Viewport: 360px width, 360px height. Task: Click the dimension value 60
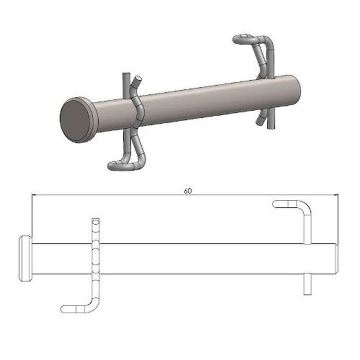[187, 191]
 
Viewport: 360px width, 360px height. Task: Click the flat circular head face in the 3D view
[76, 120]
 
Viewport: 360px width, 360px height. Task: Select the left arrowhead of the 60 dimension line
[34, 195]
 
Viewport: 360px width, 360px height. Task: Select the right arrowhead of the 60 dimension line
[336, 195]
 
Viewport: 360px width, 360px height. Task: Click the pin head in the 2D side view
[25, 258]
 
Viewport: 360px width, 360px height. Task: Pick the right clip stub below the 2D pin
[307, 284]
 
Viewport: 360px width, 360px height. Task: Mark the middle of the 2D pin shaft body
[192, 259]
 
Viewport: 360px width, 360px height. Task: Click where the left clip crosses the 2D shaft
[96, 259]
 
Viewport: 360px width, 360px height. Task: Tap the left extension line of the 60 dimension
[32, 216]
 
